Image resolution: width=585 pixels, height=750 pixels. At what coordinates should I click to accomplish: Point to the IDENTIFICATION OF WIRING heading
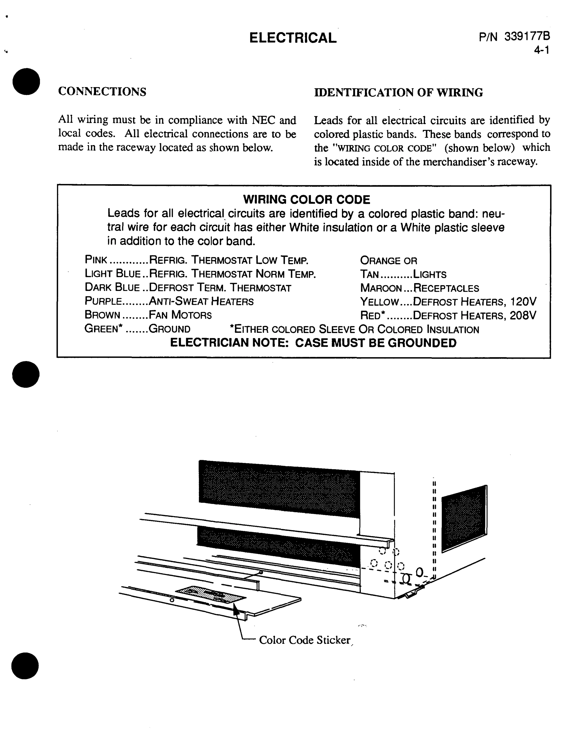pyautogui.click(x=398, y=92)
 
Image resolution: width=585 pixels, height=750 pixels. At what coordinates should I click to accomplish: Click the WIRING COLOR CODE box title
pyautogui.click(x=306, y=200)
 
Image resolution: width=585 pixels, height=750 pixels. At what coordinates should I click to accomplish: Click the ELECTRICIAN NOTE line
pyautogui.click(x=313, y=343)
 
